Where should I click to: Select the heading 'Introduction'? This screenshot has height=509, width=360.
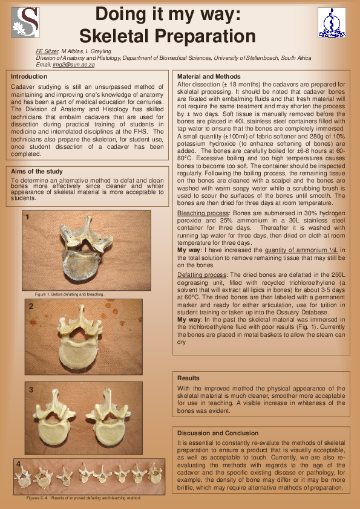(x=29, y=77)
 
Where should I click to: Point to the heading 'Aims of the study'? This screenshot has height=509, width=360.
(x=37, y=172)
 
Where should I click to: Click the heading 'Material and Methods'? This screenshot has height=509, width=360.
(x=209, y=77)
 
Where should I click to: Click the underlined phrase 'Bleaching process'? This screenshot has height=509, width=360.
(x=202, y=214)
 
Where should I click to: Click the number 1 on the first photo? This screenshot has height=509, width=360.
(x=27, y=216)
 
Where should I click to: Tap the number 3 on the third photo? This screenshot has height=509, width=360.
(x=31, y=390)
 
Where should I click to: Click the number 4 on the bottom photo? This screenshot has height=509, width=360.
(x=19, y=464)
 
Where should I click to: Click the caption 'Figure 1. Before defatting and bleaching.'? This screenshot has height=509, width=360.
(x=70, y=294)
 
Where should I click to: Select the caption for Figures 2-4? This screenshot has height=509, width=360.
(x=83, y=498)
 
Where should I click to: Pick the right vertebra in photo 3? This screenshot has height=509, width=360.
(x=116, y=420)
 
